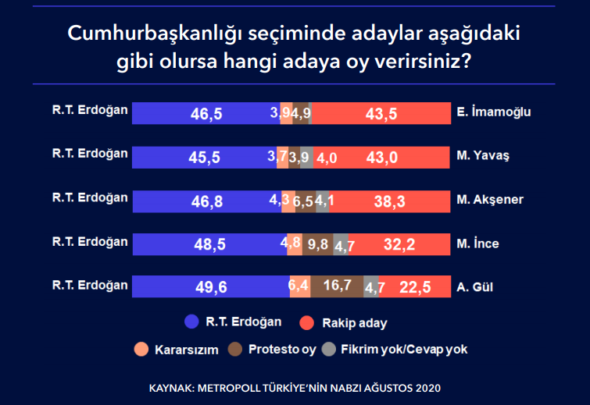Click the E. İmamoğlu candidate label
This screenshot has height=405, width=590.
pos(494,112)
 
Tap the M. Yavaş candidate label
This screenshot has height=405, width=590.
pos(483,155)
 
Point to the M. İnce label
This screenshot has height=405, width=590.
pos(478,243)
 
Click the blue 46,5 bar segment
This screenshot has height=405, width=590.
pos(206,113)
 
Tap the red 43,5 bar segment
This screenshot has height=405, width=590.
pos(382,113)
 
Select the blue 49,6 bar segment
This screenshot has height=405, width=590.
pos(211,286)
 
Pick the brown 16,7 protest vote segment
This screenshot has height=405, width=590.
pos(337,286)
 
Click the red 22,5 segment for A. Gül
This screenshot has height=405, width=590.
pos(415,286)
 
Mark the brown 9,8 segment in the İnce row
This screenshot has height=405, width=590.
pos(317,243)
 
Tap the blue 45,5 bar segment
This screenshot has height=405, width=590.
pos(205,157)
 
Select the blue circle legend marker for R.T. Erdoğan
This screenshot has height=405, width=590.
pos(191,321)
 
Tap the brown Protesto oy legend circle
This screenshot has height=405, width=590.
pos(234,349)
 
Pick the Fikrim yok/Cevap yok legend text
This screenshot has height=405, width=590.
pos(404,350)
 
